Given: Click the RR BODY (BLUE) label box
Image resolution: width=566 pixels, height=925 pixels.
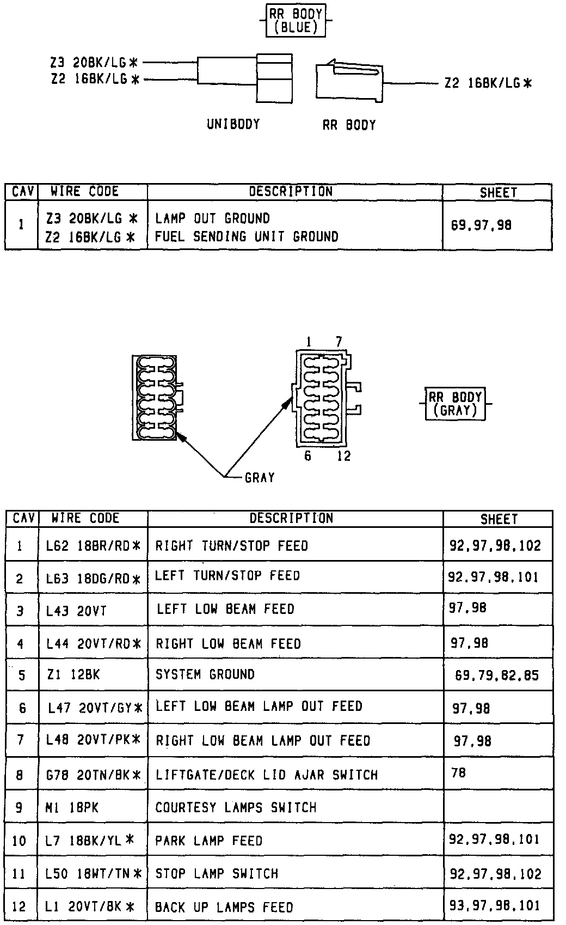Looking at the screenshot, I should click(x=296, y=21).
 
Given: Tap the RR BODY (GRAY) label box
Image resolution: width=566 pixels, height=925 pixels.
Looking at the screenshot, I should click(x=455, y=404).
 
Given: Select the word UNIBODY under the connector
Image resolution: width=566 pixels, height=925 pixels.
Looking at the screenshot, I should click(x=233, y=124).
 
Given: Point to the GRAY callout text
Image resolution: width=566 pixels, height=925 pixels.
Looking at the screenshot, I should click(x=260, y=478).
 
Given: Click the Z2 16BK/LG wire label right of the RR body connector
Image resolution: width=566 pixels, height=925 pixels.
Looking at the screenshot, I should click(x=488, y=83).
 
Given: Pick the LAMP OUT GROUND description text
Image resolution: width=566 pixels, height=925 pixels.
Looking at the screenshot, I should click(x=212, y=218).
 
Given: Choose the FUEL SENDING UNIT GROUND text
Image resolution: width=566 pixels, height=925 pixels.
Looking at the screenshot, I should click(x=247, y=236).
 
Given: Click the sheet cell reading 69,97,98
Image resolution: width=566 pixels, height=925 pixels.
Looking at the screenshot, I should click(x=481, y=225).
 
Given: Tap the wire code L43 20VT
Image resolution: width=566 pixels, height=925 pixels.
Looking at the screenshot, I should click(x=76, y=611).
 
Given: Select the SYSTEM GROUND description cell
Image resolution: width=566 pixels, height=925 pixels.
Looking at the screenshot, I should click(x=205, y=674).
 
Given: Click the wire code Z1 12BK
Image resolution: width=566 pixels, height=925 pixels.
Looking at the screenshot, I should click(x=73, y=674).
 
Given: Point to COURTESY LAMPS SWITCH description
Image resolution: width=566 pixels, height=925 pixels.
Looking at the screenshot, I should click(x=236, y=807).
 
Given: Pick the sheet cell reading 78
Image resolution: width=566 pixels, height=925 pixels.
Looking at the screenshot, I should click(x=458, y=772).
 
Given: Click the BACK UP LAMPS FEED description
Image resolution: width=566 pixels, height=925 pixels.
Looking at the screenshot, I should click(x=224, y=907).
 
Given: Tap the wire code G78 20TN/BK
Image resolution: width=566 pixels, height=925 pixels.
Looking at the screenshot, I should click(x=93, y=774).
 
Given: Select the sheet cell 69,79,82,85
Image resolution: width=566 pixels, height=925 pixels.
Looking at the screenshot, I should click(x=496, y=676).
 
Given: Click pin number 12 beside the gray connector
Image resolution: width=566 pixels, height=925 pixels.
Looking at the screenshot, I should click(x=344, y=456).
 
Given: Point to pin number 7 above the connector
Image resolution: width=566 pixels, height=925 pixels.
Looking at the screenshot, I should click(x=339, y=342).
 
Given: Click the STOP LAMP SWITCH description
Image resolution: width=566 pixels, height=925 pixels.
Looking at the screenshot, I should click(x=217, y=873).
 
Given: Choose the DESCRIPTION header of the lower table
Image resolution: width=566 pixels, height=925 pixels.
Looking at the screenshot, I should click(x=291, y=518).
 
